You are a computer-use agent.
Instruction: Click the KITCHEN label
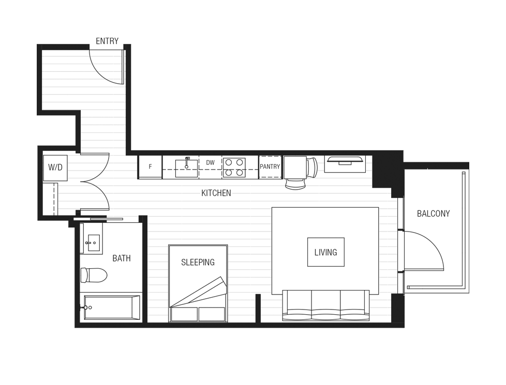point(216,193)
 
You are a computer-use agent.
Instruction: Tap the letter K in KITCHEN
point(204,193)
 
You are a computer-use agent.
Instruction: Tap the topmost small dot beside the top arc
point(125,56)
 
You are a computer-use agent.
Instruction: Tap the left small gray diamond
point(321,163)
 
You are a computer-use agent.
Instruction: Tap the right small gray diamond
point(369,163)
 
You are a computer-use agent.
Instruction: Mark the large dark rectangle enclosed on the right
point(325,248)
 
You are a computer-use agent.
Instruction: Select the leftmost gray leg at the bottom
point(157,279)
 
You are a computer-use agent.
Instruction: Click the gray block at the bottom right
point(380,308)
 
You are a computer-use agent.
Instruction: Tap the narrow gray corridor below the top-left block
point(102,129)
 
